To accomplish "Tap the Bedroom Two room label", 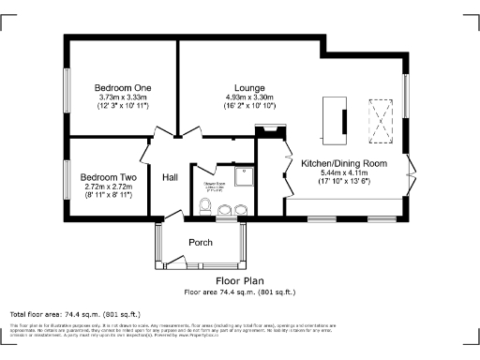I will point(108,177).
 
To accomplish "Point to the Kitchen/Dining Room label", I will point(343,163).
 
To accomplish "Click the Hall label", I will point(170,177).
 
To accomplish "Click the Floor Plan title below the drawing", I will point(240,280).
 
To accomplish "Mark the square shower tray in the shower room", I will point(243,175).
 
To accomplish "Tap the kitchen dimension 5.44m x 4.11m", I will point(343,173).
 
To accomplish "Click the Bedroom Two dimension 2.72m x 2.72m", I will point(108,187).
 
